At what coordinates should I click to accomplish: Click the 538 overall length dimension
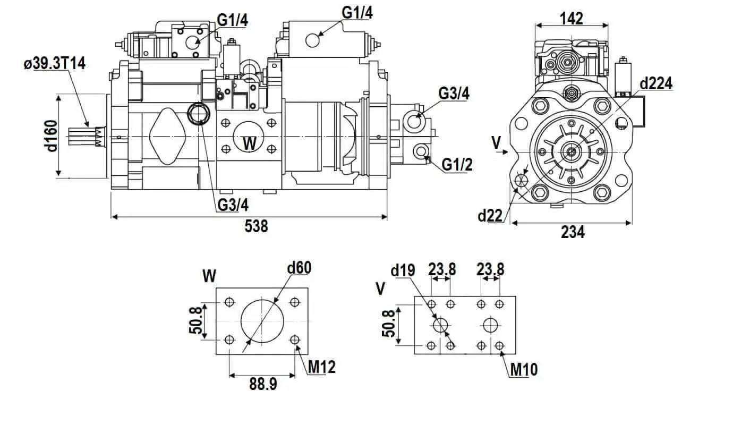pyautogui.click(x=256, y=226)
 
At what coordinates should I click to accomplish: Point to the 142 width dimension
pyautogui.click(x=572, y=19)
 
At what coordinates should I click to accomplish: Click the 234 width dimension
pyautogui.click(x=572, y=232)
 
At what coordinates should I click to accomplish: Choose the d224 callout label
pyautogui.click(x=656, y=84)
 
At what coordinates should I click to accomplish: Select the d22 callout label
pyautogui.click(x=490, y=216)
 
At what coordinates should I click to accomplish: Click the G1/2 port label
pyautogui.click(x=457, y=165)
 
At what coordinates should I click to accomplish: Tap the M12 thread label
pyautogui.click(x=322, y=366)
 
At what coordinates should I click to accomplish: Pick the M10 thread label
pyautogui.click(x=524, y=369)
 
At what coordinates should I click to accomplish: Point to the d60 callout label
pyautogui.click(x=299, y=268)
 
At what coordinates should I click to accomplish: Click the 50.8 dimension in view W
pyautogui.click(x=196, y=320)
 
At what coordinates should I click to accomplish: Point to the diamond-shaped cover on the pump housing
pyautogui.click(x=166, y=136)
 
